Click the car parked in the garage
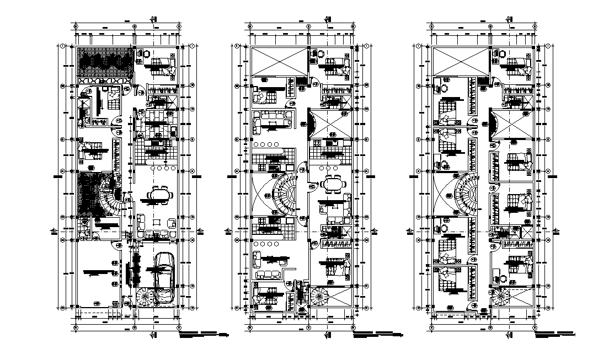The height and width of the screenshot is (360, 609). [x=164, y=278]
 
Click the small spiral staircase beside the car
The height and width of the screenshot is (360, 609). [x=146, y=297]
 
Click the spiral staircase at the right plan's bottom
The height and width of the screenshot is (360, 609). [x=501, y=298]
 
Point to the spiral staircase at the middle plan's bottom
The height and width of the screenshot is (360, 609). [x=320, y=298]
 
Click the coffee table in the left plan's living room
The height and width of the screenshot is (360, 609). [x=157, y=223]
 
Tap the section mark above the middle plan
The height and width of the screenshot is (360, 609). [x=328, y=18]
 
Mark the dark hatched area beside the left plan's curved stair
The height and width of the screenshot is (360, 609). [x=90, y=193]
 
